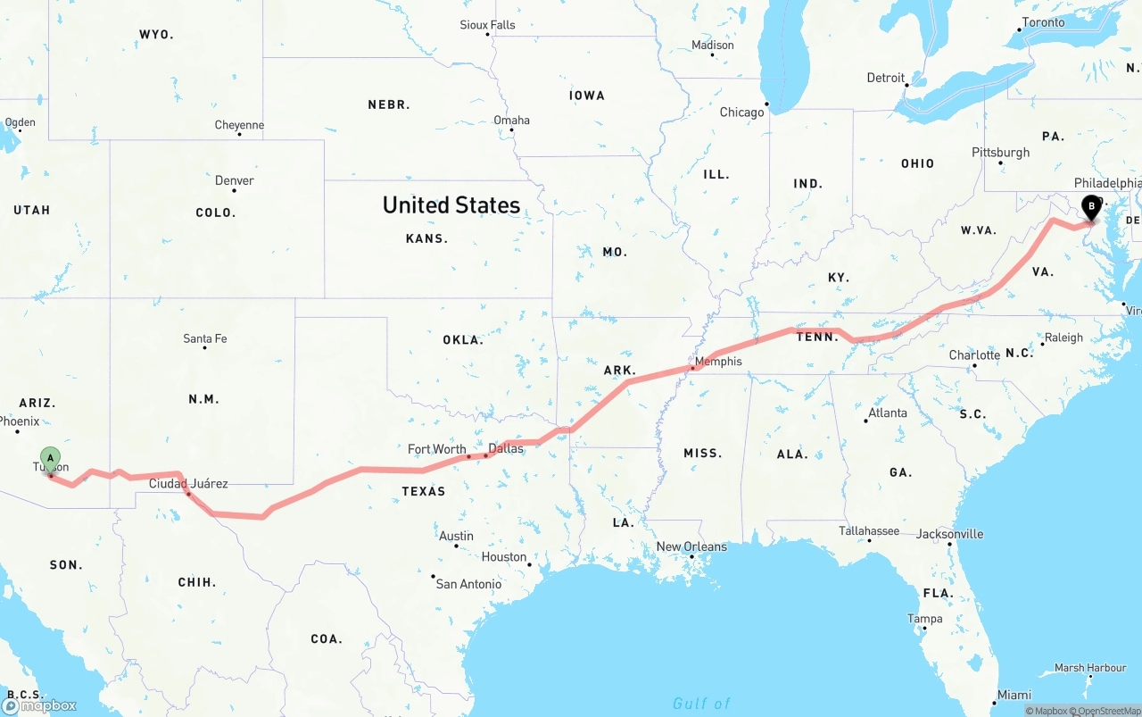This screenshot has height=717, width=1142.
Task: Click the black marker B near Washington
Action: point(1090,207)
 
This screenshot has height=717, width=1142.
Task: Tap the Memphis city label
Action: point(718,362)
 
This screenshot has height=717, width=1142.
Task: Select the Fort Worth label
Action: point(436,449)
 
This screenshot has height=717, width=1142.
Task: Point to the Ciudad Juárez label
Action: point(188,484)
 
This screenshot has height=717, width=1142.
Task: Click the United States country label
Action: point(451,204)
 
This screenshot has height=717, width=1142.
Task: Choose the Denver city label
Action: point(235,180)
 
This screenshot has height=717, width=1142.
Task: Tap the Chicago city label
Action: point(742,113)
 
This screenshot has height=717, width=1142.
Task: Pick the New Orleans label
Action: point(691,546)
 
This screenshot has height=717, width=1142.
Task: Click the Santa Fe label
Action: point(205,338)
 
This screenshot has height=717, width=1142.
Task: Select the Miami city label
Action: point(1014,695)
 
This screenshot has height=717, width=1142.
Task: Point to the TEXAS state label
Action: point(423,491)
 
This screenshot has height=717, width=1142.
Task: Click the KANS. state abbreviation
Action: point(426,238)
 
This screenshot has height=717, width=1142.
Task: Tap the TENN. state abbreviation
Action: point(817,337)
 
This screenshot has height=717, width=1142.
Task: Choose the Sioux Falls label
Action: point(487,25)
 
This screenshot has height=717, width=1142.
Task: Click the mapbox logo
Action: point(39,705)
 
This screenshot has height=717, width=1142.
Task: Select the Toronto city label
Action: point(1043,22)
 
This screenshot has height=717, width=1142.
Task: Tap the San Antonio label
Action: point(468,584)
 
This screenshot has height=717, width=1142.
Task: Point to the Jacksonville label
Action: point(949,534)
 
